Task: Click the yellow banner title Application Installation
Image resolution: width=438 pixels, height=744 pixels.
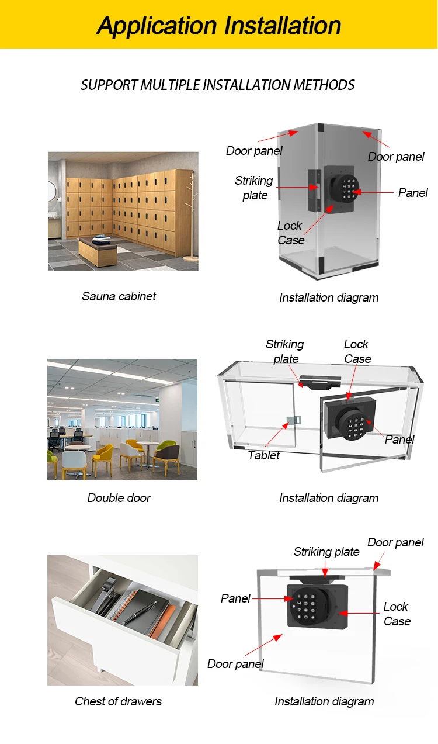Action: [218, 26]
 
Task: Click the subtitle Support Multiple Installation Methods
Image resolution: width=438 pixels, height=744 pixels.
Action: [218, 85]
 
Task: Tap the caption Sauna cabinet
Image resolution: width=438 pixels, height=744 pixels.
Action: [119, 296]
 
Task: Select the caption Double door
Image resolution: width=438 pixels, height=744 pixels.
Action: [119, 498]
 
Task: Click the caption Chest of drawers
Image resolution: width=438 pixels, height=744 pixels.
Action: [118, 701]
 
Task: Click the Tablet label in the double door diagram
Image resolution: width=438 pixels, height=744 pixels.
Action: [263, 455]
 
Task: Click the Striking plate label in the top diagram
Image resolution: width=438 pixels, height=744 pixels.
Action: [254, 188]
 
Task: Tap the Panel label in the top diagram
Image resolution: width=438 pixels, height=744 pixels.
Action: [413, 193]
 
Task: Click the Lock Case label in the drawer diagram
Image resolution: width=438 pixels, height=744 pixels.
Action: [397, 614]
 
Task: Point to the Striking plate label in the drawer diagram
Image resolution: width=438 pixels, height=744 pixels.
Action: [326, 552]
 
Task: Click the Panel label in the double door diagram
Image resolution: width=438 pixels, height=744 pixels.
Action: [399, 440]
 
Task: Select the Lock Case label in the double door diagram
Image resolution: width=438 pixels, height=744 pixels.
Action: [357, 351]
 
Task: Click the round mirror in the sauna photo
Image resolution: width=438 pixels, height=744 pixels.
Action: [51, 190]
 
